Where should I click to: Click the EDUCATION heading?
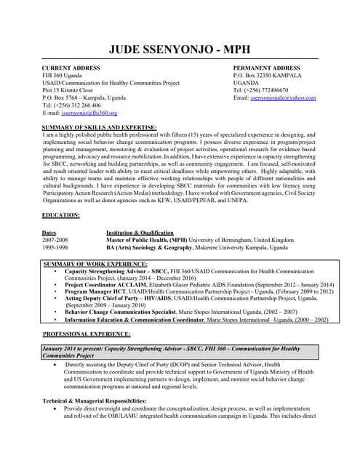pyautogui.click(x=61, y=216)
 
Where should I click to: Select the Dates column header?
pyautogui.click(x=49, y=232)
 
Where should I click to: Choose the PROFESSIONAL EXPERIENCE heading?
pyautogui.click(x=87, y=333)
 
